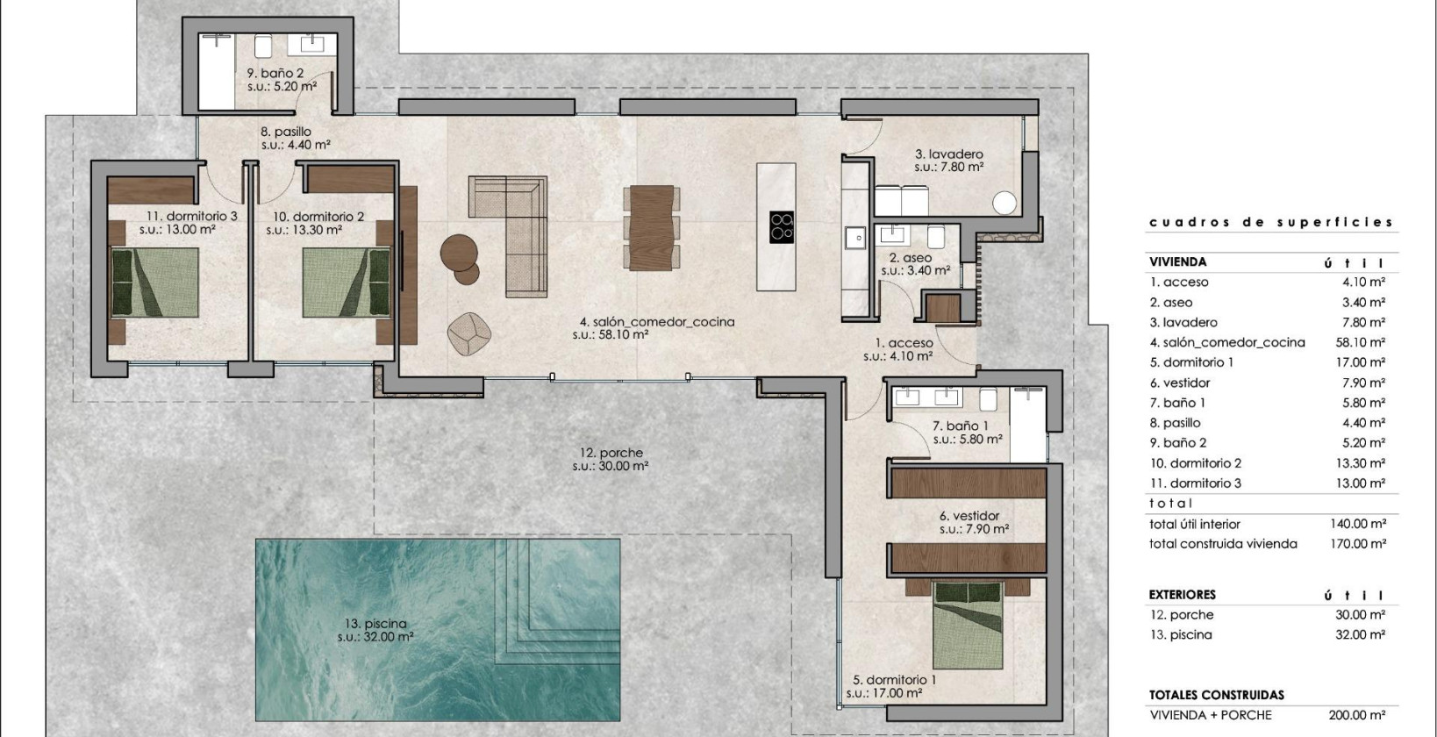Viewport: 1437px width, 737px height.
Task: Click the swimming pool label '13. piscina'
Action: click(375, 624)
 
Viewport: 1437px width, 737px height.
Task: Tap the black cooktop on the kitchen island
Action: click(782, 226)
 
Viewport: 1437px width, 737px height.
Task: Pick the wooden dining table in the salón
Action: click(651, 226)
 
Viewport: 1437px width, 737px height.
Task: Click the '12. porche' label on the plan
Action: click(611, 453)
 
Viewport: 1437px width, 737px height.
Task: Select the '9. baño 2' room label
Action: click(275, 74)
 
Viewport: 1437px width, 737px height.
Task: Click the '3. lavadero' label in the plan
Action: click(948, 154)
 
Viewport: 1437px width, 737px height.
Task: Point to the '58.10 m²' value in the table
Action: click(1359, 342)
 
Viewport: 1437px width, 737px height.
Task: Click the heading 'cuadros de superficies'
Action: click(1271, 222)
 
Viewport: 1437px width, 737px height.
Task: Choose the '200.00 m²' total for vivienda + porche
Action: click(1359, 715)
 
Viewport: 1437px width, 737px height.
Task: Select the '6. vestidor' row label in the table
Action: click(1180, 383)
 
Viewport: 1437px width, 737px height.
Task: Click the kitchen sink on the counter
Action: click(853, 236)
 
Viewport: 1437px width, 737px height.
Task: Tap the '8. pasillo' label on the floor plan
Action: click(286, 132)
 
